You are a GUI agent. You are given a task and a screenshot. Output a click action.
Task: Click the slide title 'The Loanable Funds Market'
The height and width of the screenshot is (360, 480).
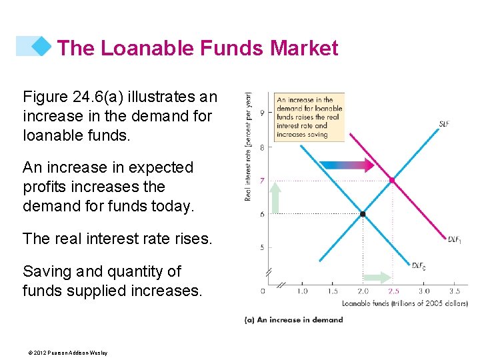pos(197,48)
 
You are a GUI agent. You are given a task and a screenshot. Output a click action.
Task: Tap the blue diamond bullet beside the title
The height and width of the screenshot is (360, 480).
pos(41,46)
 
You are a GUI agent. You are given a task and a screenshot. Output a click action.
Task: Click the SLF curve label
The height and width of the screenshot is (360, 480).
pos(444,123)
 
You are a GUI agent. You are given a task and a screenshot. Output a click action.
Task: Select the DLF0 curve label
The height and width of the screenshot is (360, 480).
pos(419,265)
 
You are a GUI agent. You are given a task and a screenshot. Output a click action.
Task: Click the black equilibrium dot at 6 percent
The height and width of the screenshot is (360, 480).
pos(363,214)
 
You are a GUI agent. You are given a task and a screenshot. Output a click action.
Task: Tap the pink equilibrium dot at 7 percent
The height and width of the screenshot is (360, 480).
pos(393,180)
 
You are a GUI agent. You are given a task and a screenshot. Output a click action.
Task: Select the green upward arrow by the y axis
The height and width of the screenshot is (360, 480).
pos(275,197)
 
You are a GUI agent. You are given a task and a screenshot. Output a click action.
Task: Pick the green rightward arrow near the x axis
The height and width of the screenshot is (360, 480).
pos(378,277)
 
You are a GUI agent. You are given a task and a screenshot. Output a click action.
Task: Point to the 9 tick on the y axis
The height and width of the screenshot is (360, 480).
pos(261,112)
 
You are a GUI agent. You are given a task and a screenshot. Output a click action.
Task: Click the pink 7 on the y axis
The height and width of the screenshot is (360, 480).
pos(262,180)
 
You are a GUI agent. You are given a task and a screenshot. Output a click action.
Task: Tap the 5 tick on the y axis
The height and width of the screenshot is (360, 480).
pos(262,247)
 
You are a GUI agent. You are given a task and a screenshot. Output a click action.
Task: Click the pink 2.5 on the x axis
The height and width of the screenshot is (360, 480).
pos(393,291)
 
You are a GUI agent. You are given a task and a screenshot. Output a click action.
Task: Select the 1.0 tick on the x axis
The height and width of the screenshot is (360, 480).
pos(302,291)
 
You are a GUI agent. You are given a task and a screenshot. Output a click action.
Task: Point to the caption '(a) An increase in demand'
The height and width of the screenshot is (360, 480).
pos(293,319)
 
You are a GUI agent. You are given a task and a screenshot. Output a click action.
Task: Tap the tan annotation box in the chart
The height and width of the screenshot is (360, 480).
pos(309,117)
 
